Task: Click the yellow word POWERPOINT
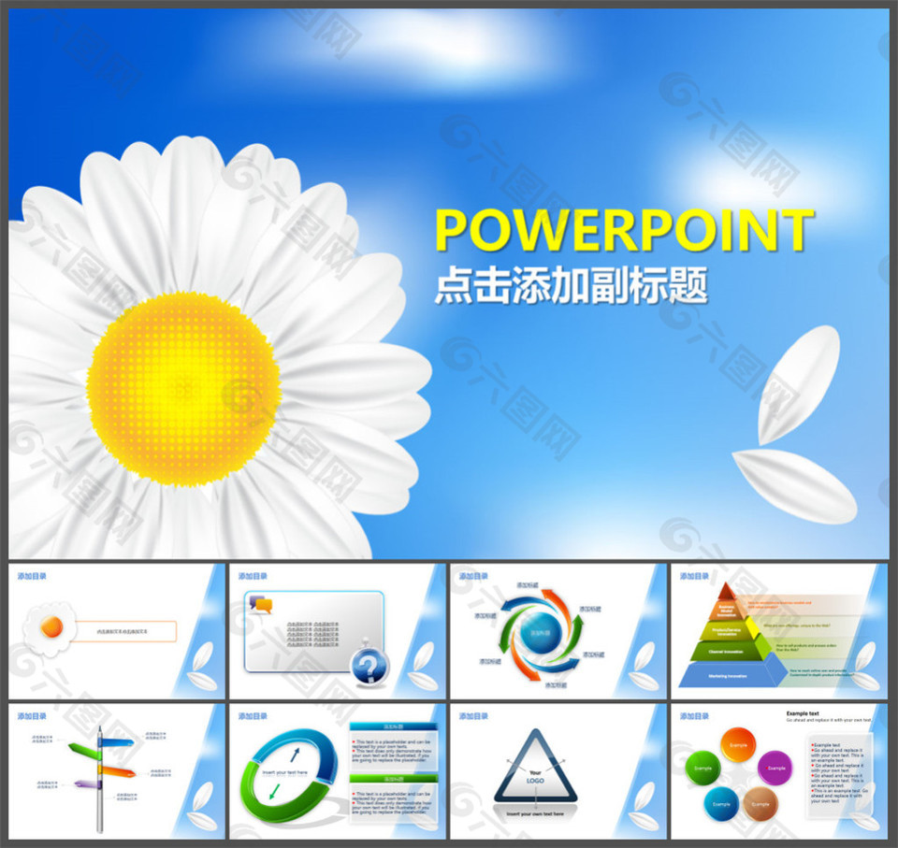[624, 230]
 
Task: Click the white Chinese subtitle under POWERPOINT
[571, 286]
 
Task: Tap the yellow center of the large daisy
[184, 389]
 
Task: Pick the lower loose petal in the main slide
[794, 485]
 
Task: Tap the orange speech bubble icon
[262, 605]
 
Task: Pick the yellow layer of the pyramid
[727, 628]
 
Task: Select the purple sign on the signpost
[87, 783]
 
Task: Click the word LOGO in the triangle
[535, 780]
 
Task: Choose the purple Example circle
[774, 768]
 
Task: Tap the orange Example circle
[738, 745]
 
